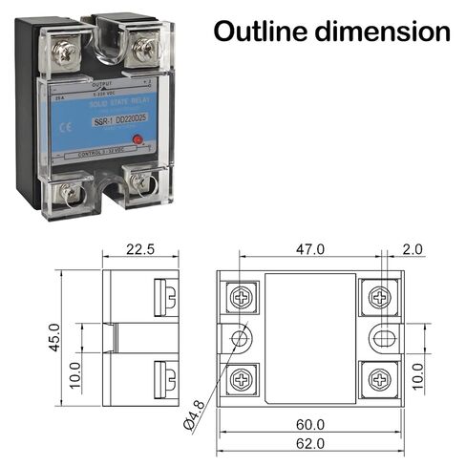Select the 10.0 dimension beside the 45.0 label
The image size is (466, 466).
pos(75,368)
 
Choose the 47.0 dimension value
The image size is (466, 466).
pos(309,249)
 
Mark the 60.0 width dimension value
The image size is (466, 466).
pos(310,424)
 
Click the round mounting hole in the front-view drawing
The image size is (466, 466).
pos(239,337)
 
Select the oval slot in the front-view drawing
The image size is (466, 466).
pos(383,337)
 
